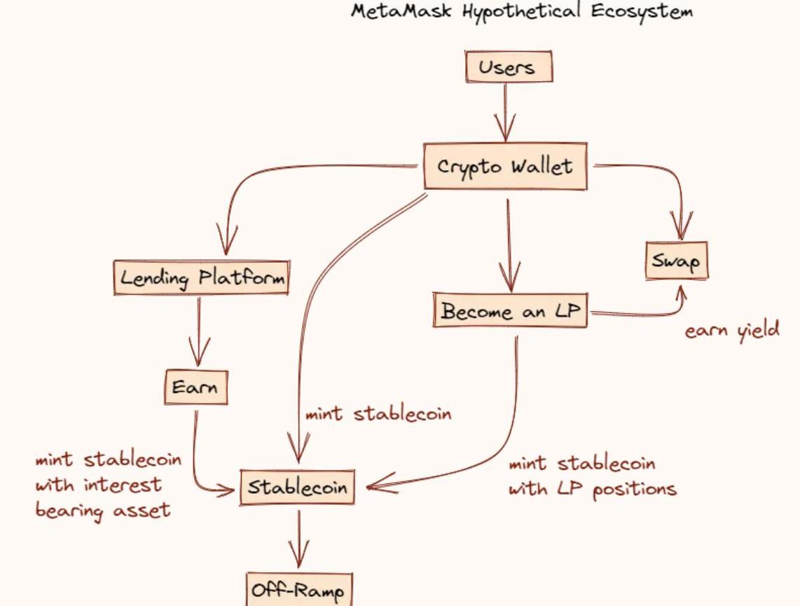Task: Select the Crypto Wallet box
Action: coord(505,167)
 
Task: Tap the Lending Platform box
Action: coord(201,278)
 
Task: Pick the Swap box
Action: coord(676,261)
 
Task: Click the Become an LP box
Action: coord(511,312)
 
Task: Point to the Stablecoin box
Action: coord(297,487)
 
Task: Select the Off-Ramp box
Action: coord(298,592)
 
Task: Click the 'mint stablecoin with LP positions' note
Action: coord(592,476)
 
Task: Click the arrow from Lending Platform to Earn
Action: coord(200,329)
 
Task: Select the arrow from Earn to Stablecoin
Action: coord(200,462)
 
